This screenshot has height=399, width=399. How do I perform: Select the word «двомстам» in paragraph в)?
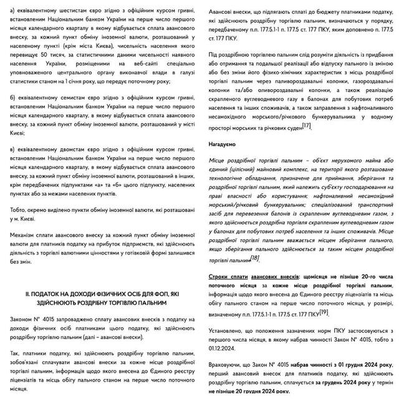point(67,150)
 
